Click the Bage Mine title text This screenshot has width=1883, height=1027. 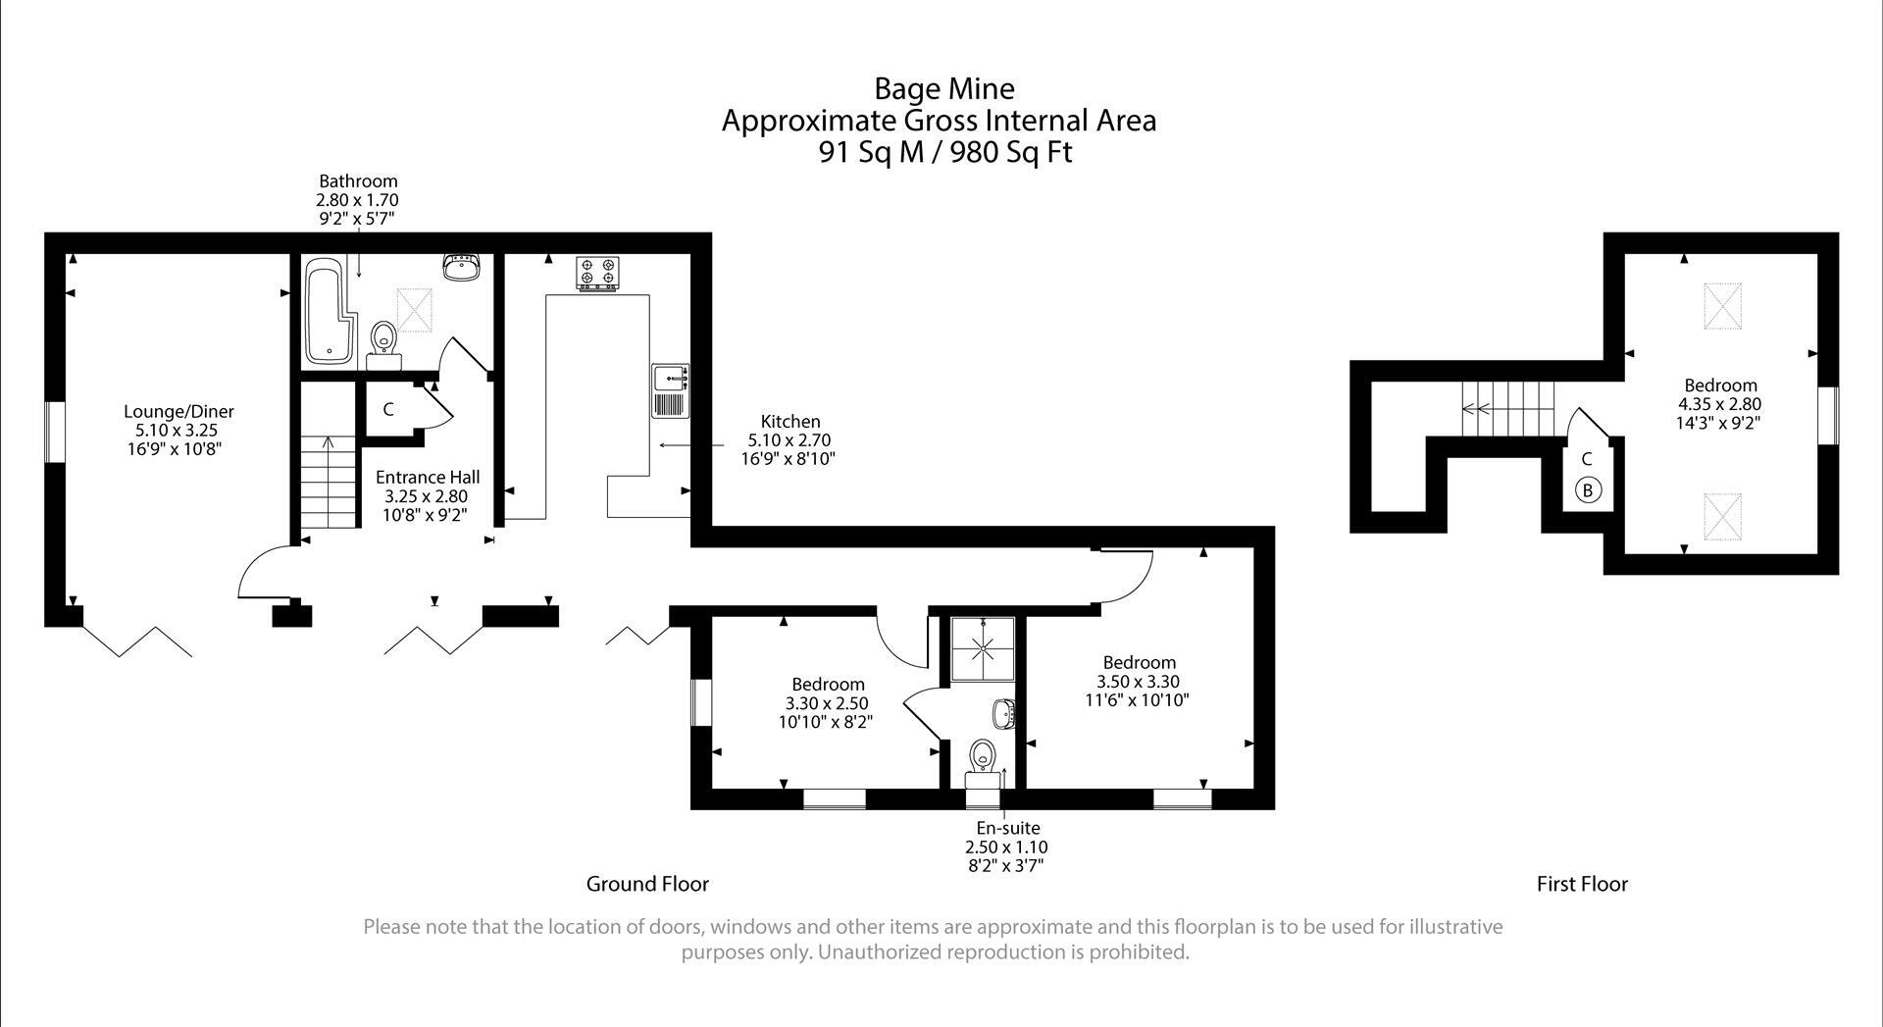click(x=943, y=89)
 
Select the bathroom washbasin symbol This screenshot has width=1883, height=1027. click(x=461, y=267)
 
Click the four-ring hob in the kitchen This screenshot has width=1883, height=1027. click(x=597, y=272)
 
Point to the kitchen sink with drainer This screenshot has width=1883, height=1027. click(x=671, y=390)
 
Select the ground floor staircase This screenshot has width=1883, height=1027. click(x=327, y=482)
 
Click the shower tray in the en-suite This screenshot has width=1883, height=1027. click(x=983, y=648)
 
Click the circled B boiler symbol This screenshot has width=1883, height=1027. click(x=1588, y=489)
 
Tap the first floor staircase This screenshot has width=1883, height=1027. click(x=1507, y=409)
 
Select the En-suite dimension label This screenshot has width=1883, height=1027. click(x=1007, y=847)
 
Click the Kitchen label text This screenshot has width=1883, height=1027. click(x=790, y=422)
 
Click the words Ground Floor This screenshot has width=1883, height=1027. click(x=647, y=884)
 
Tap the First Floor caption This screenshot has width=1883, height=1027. click(x=1581, y=884)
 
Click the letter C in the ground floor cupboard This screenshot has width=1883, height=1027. click(x=388, y=409)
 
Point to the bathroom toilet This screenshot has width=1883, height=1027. click(x=383, y=339)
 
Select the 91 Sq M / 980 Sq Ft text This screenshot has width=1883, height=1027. click(x=944, y=153)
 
